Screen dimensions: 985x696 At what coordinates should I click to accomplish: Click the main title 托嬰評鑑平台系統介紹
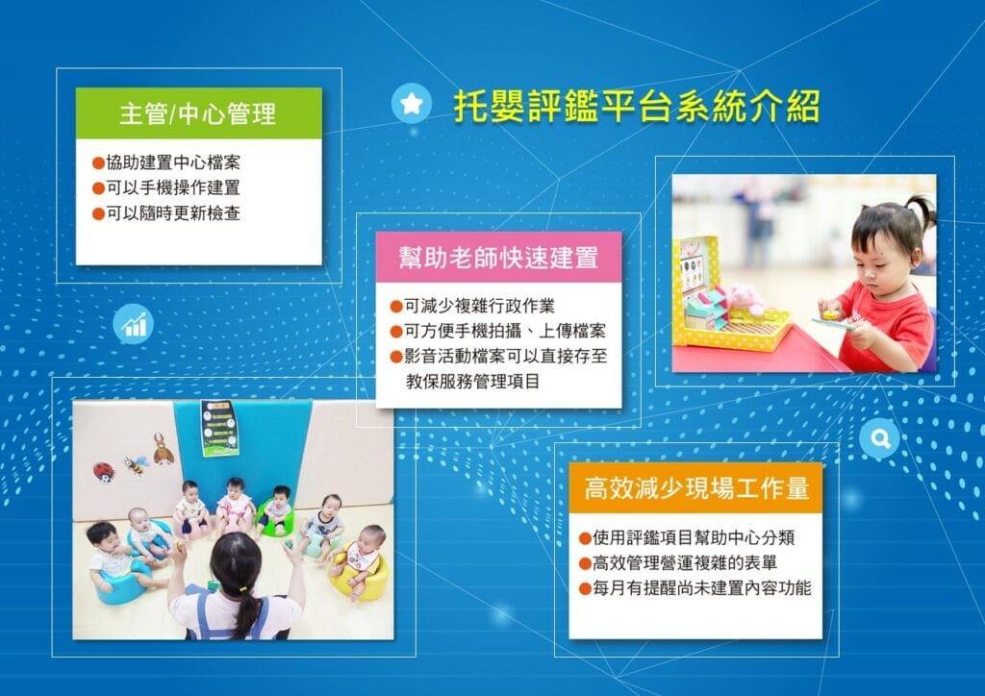(637, 106)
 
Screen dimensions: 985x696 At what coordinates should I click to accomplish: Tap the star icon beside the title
(412, 103)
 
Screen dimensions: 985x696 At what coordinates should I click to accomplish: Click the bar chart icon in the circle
(133, 323)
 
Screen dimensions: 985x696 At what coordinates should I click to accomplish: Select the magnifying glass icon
(879, 438)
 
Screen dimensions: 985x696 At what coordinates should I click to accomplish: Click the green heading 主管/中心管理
(198, 113)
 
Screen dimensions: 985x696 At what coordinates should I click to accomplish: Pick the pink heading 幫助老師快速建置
(499, 258)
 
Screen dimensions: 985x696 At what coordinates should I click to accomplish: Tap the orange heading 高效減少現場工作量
(696, 487)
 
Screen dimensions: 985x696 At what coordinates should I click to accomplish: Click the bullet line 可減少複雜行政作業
(472, 306)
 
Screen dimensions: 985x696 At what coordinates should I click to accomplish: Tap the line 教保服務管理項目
(472, 381)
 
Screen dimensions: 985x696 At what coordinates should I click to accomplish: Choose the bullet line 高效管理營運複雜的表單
(678, 562)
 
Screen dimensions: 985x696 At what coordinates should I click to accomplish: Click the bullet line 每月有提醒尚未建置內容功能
(695, 588)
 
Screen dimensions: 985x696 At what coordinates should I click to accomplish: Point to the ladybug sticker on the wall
(104, 471)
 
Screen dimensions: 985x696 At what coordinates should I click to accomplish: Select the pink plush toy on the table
(744, 299)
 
